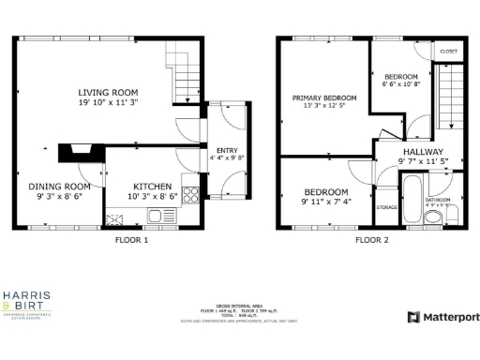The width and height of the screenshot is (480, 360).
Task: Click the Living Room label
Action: (108, 92)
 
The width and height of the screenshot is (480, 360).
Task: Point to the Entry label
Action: (227, 150)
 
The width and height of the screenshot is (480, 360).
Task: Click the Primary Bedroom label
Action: (323, 97)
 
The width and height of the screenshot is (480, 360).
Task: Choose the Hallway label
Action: (424, 151)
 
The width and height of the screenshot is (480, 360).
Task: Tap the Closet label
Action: (448, 51)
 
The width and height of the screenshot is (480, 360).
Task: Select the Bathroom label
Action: (438, 200)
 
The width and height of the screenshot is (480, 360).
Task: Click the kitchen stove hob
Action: (190, 195)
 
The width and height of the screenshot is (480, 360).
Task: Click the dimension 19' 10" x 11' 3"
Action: (108, 103)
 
